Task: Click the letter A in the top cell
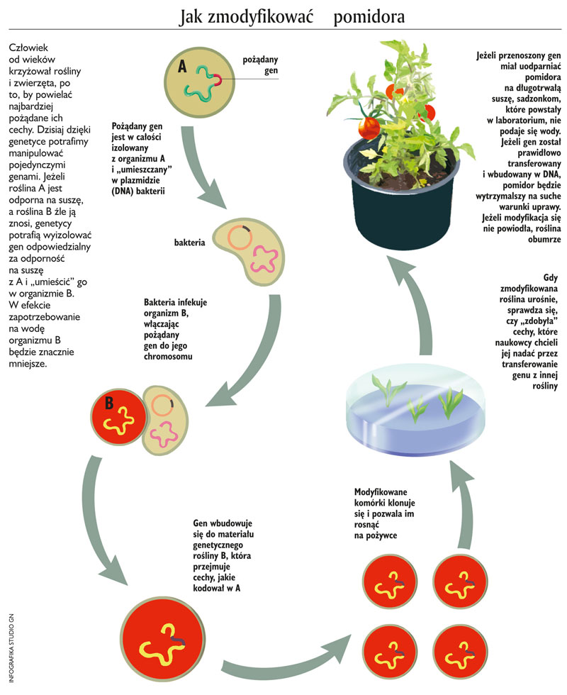tap(181, 67)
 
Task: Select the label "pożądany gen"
tap(260, 66)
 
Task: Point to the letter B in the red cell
tap(110, 404)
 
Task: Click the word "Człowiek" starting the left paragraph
tap(28, 48)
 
